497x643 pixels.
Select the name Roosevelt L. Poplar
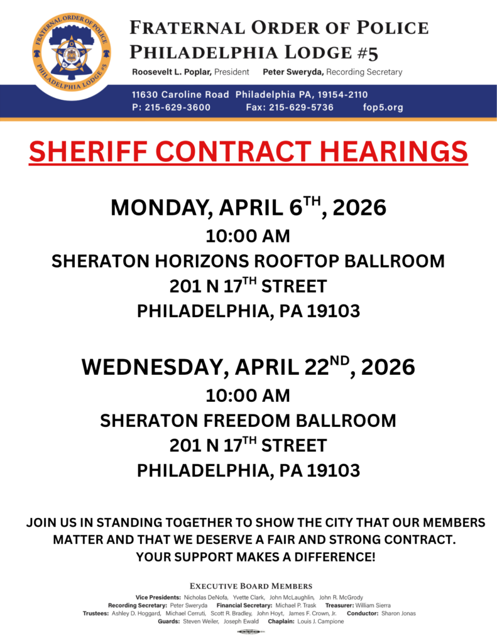(172, 72)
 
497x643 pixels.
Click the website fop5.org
(383, 107)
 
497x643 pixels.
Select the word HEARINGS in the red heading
(393, 152)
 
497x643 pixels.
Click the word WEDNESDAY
(154, 367)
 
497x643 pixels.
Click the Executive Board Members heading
(251, 586)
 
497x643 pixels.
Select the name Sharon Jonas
(398, 613)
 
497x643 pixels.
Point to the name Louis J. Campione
(320, 622)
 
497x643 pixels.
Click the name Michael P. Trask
(297, 605)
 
